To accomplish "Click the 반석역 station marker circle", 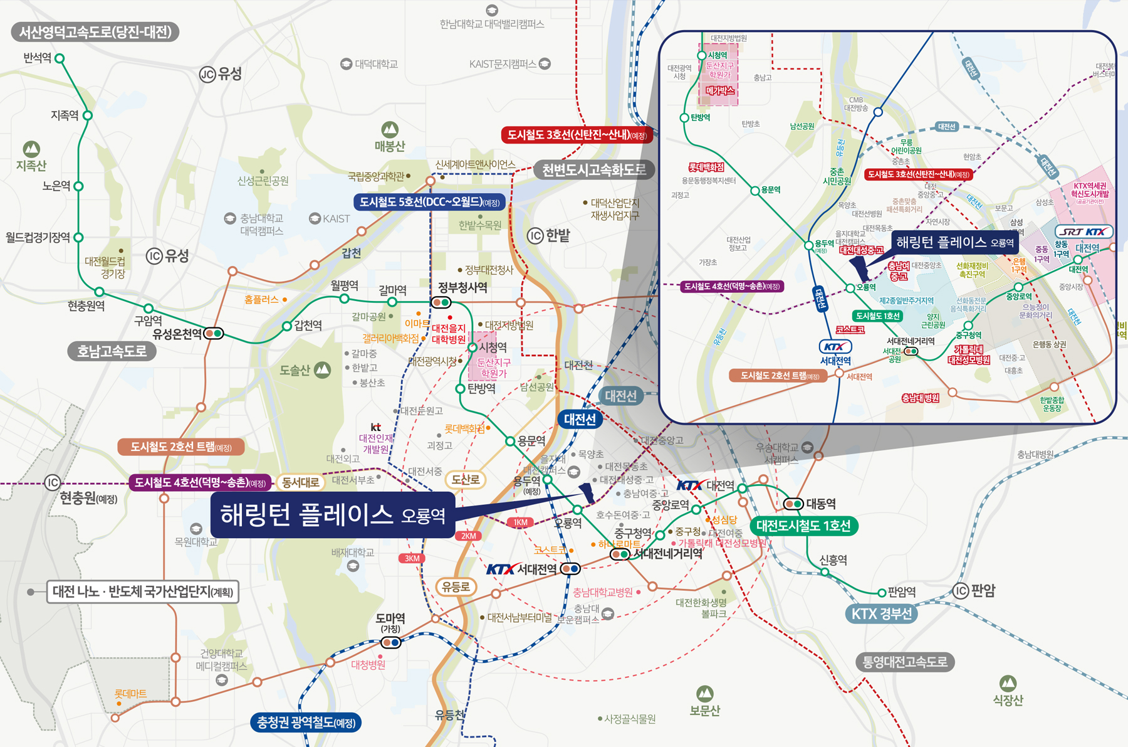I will coord(60,58).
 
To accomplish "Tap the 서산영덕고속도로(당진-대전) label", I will coord(95,32).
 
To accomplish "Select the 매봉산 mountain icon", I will coord(390,130).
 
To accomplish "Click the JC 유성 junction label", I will coord(221,75).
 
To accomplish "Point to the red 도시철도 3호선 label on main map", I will coord(577,135).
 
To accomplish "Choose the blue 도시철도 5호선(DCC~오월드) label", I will coord(430,202).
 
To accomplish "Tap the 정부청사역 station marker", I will coord(441,302).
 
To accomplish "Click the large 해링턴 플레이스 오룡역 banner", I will coord(332,515).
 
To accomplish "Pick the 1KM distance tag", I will coord(520,522).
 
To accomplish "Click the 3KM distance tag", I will coord(412,558).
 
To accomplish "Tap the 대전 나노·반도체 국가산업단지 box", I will coord(143,591).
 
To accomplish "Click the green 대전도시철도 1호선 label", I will coord(803,526).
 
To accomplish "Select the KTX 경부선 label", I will coord(881,613).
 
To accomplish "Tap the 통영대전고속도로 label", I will coord(905,662).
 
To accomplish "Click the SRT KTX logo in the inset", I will coord(1084,231).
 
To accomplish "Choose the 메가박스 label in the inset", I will coord(719,91).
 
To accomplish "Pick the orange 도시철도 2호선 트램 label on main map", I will coord(180,447).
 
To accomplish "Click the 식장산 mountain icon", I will coord(1008,683).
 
